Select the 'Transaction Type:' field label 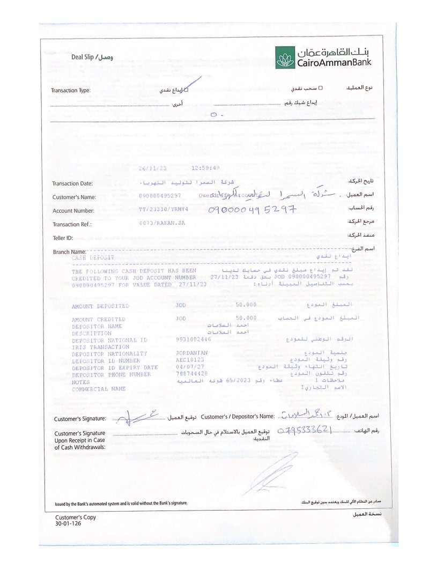click(x=71, y=91)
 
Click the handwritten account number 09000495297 click(x=252, y=210)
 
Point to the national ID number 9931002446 click(x=193, y=339)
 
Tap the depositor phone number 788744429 click(x=192, y=374)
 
